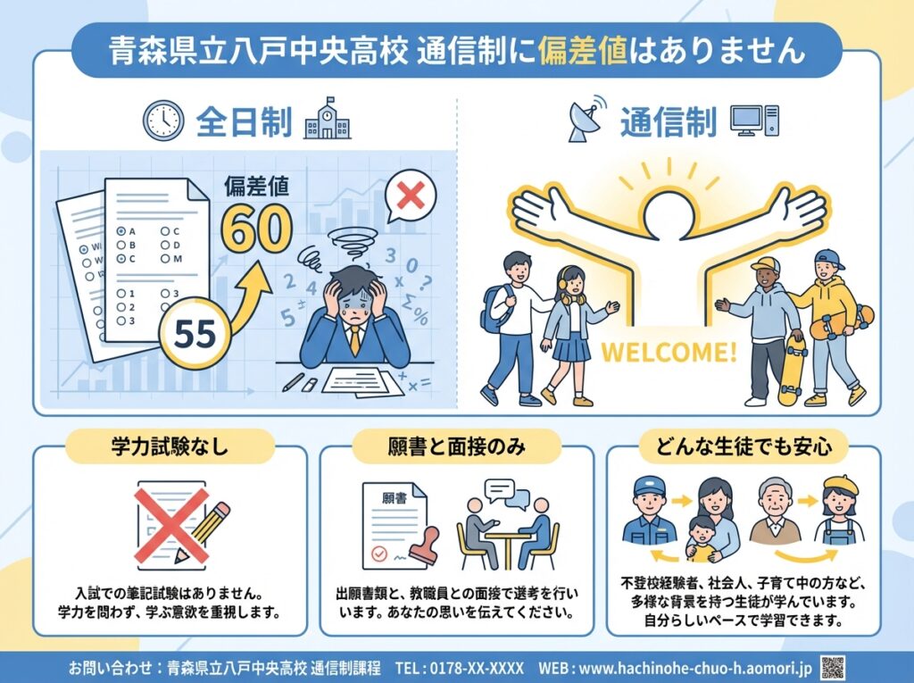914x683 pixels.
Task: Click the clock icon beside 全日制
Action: click(x=163, y=121)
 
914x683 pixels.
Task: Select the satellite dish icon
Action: click(x=586, y=119)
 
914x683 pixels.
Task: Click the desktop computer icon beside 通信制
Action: click(x=754, y=121)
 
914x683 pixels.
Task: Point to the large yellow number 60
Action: click(x=256, y=228)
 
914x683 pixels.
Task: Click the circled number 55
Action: click(x=195, y=333)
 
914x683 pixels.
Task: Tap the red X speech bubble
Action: click(x=410, y=196)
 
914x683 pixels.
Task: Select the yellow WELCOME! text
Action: click(x=669, y=353)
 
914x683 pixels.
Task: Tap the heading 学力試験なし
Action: click(x=170, y=446)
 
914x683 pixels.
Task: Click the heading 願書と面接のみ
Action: click(x=456, y=446)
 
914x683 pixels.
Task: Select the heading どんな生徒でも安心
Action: click(x=744, y=446)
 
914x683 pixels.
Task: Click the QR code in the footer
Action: click(x=833, y=667)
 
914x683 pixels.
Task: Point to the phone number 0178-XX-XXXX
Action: click(x=477, y=668)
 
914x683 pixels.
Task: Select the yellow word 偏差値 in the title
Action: click(x=583, y=50)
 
